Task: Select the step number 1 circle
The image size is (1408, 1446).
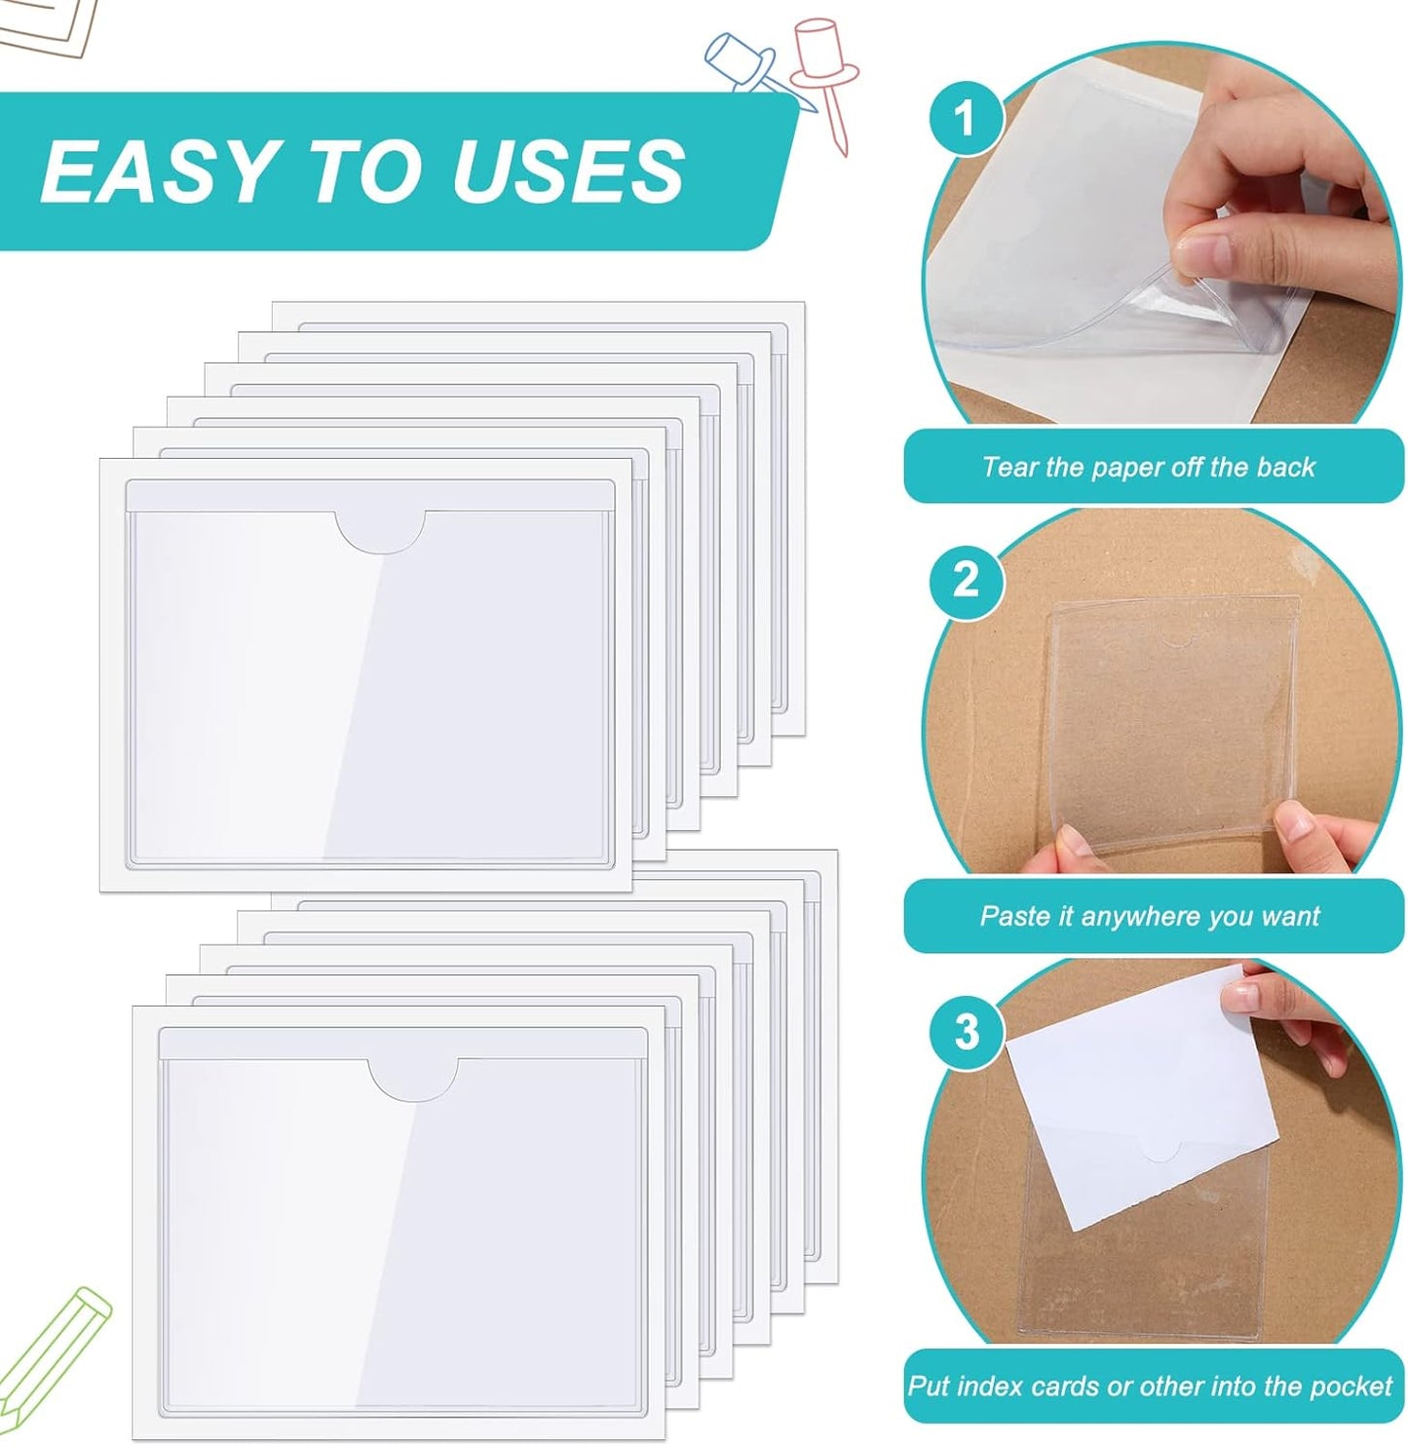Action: pos(965,118)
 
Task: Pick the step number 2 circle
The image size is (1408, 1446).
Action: pos(965,581)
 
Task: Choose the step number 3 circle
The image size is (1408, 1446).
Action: pos(965,1031)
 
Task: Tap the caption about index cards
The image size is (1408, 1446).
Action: pos(1150,1386)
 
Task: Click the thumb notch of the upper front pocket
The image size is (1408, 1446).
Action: pos(380,531)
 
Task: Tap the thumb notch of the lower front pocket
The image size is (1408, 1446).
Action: pos(413,1079)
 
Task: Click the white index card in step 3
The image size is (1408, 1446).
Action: pos(1140,1091)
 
